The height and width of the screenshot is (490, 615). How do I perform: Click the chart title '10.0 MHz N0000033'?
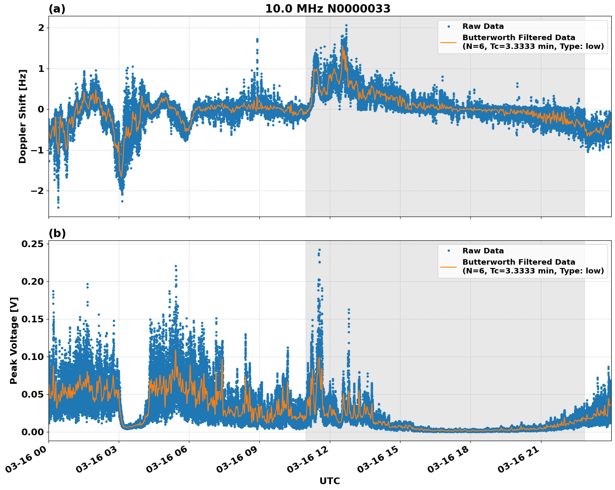click(327, 9)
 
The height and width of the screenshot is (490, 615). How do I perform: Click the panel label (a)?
click(57, 9)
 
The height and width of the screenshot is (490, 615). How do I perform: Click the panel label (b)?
click(57, 233)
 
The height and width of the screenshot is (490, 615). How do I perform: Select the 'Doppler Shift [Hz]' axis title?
click(23, 116)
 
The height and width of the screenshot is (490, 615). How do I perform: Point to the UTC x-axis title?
click(329, 481)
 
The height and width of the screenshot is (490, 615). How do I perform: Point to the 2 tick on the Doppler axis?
click(41, 28)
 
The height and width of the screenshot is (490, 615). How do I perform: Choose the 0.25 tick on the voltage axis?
click(32, 244)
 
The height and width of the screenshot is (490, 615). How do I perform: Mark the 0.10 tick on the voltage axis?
click(32, 357)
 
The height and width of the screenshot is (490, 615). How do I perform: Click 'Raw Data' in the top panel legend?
click(483, 26)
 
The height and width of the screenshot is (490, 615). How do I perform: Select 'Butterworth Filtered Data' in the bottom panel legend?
click(518, 262)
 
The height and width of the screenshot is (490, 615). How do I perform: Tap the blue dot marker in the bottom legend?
click(449, 251)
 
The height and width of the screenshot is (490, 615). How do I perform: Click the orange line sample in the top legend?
click(449, 42)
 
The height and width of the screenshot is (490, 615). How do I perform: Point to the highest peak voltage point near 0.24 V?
click(319, 250)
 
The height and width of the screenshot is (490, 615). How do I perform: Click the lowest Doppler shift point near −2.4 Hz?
click(58, 207)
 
